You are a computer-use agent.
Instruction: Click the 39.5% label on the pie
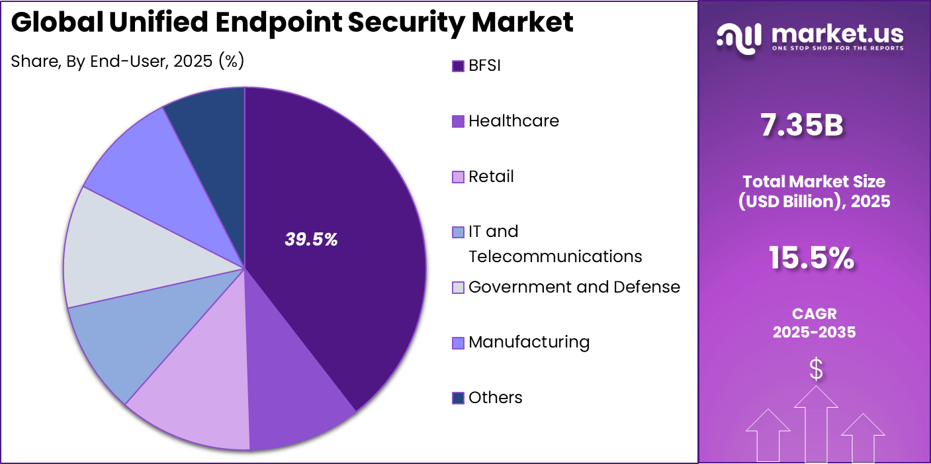[311, 240]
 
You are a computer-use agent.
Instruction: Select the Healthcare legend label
[513, 121]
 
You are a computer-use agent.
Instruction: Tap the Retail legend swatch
[458, 177]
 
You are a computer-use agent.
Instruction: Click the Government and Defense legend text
[574, 287]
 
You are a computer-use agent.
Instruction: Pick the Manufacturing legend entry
[529, 342]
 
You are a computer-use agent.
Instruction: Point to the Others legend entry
[495, 398]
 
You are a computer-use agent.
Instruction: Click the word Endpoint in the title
[275, 23]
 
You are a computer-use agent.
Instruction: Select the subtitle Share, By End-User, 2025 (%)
[128, 62]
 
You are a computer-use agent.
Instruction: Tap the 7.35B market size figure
[801, 126]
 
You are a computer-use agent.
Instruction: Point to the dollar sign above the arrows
[817, 370]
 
